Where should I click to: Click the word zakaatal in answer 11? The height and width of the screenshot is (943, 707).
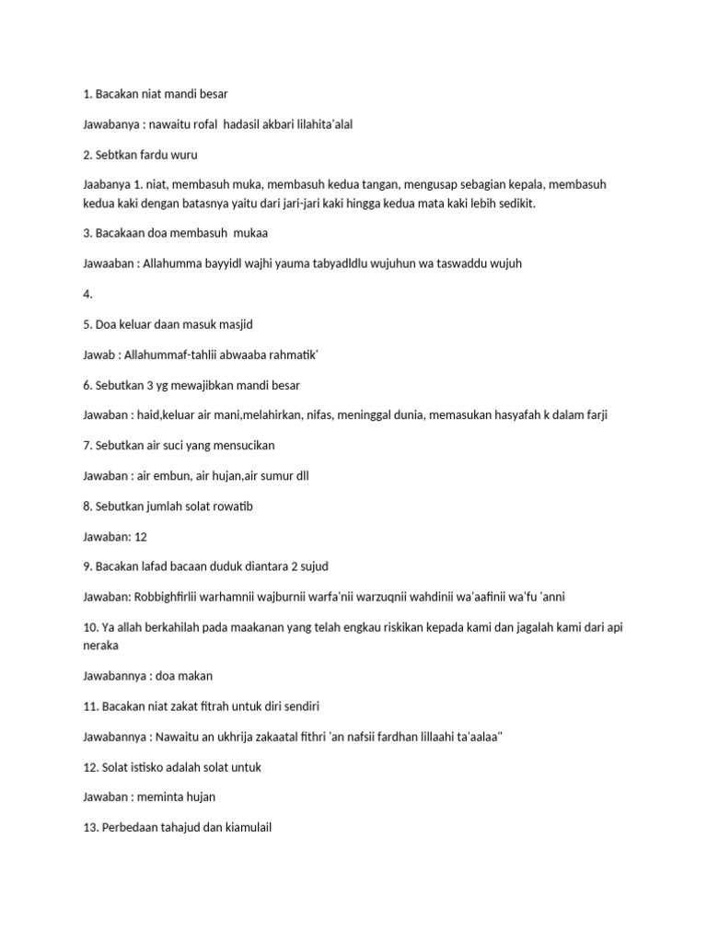pos(268,736)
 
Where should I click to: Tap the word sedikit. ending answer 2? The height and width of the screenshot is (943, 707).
pos(514,204)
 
